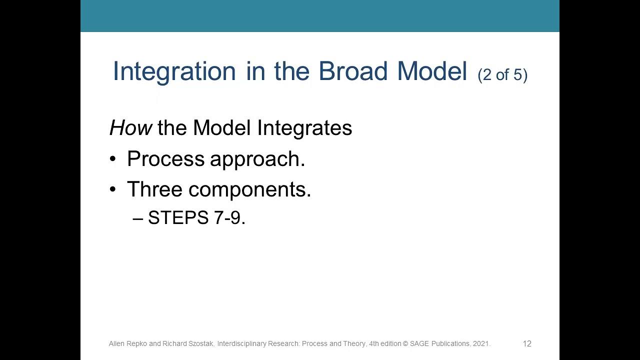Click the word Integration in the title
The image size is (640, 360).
point(174,71)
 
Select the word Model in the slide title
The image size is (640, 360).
point(432,71)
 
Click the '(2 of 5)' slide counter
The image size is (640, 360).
point(502,75)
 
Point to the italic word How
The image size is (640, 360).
point(130,128)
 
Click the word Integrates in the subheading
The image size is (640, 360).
point(304,128)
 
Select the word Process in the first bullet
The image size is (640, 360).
point(165,159)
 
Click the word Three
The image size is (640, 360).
point(154,189)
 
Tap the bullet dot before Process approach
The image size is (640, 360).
point(113,159)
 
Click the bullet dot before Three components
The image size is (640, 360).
point(113,190)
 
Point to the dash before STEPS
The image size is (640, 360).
point(138,218)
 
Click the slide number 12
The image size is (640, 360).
point(527,344)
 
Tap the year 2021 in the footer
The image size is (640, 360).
point(481,344)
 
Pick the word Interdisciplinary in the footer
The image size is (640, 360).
point(241,344)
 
